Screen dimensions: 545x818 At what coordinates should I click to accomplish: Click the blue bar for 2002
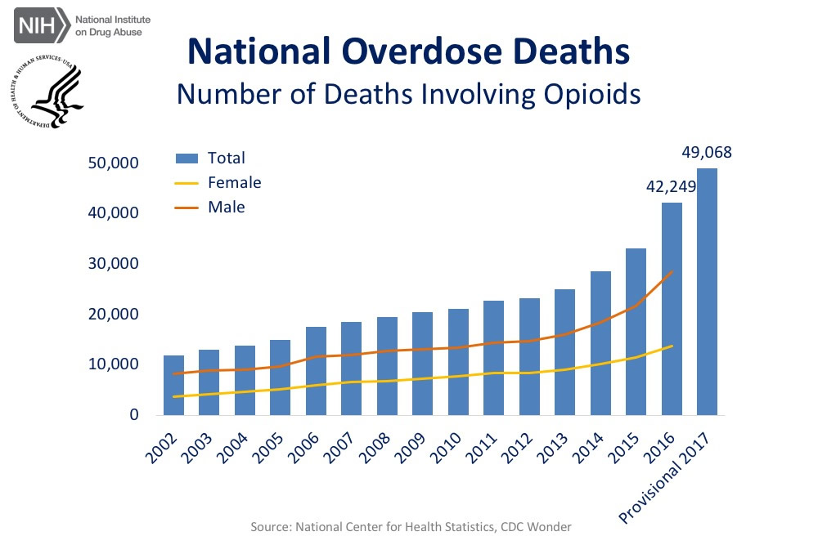pyautogui.click(x=173, y=385)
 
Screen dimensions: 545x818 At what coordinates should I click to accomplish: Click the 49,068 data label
pyautogui.click(x=707, y=153)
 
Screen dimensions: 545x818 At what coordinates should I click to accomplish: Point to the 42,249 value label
pyautogui.click(x=671, y=187)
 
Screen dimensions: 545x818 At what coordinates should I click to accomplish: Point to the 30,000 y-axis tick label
pyautogui.click(x=111, y=264)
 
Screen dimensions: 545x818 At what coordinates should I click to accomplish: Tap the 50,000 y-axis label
pyautogui.click(x=111, y=163)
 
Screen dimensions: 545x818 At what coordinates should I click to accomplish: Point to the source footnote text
pyautogui.click(x=411, y=527)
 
